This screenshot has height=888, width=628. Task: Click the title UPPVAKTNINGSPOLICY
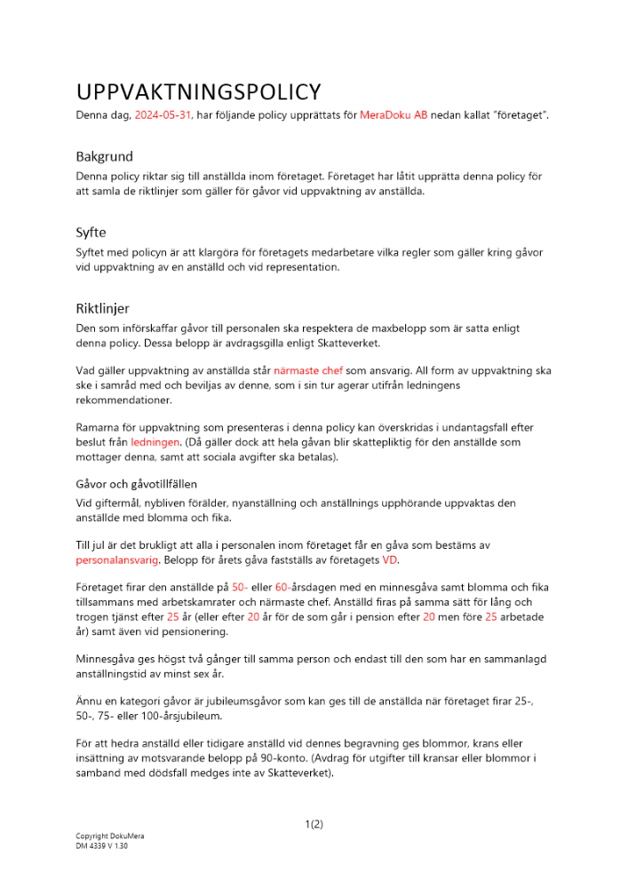click(x=198, y=92)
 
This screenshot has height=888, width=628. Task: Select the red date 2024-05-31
click(x=163, y=115)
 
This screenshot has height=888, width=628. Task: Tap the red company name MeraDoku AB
click(x=393, y=115)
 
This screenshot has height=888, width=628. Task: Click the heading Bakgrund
click(x=106, y=156)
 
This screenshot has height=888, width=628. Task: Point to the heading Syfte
click(x=91, y=233)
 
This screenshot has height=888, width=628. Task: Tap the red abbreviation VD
click(x=390, y=560)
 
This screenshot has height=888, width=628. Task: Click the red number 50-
click(x=240, y=587)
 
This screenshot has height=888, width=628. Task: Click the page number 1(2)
click(x=314, y=824)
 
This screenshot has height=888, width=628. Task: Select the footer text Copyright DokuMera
click(x=109, y=836)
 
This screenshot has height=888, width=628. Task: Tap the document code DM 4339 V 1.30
click(x=102, y=846)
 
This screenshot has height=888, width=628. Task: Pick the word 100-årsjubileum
click(x=184, y=715)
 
